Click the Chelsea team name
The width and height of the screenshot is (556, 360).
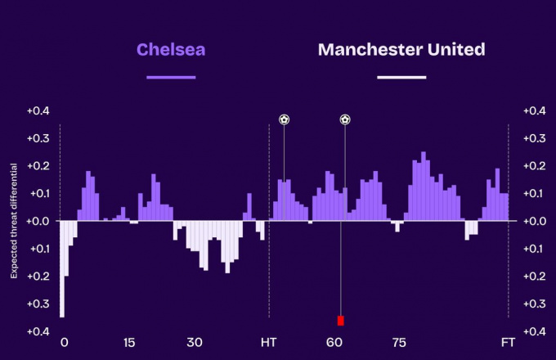click(x=171, y=50)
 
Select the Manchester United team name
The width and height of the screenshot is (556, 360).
click(x=401, y=50)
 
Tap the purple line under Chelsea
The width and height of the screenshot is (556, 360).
click(x=171, y=78)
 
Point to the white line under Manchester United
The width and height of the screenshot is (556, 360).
click(x=401, y=78)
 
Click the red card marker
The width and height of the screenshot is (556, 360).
click(x=341, y=321)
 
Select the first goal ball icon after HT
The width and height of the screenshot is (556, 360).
click(x=284, y=119)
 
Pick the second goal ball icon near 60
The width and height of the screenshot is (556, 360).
click(x=345, y=119)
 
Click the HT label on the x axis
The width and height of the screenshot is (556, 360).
click(x=268, y=343)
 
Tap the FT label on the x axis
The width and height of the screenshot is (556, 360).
click(x=508, y=343)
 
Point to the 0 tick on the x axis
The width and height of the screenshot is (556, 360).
click(x=64, y=343)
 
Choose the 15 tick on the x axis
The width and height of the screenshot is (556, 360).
click(x=129, y=343)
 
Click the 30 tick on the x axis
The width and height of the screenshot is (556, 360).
click(x=195, y=343)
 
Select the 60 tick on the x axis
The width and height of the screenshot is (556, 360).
click(x=334, y=343)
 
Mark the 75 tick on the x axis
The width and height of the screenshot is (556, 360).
click(x=399, y=343)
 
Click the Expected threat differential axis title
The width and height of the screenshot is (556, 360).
click(x=14, y=221)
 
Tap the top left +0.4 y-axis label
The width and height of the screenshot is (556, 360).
click(x=38, y=111)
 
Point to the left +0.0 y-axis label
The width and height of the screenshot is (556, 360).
click(x=38, y=222)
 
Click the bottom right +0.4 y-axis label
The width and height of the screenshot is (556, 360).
click(x=535, y=331)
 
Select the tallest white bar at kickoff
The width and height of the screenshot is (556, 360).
click(x=62, y=269)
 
